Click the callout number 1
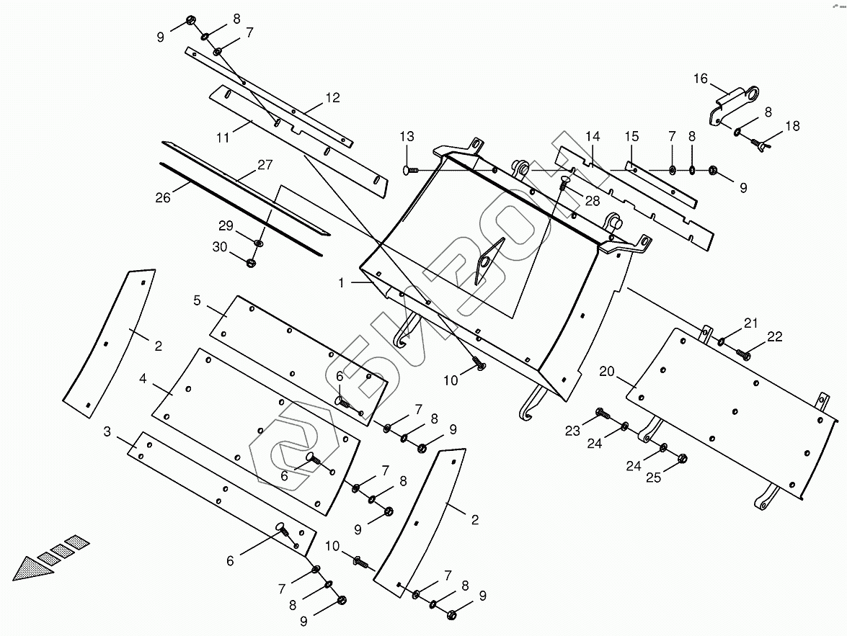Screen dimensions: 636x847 click(x=342, y=283)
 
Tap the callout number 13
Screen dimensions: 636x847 click(x=407, y=137)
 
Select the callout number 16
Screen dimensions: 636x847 click(x=701, y=79)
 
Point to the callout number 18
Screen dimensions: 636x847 click(x=792, y=126)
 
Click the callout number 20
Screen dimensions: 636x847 click(x=606, y=371)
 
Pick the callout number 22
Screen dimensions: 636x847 click(x=775, y=336)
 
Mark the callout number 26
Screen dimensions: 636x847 click(x=163, y=197)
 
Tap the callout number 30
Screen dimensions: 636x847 click(x=219, y=247)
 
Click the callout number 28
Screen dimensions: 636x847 click(x=592, y=201)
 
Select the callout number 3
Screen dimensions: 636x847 click(x=107, y=431)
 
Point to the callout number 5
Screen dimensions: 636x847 click(x=197, y=299)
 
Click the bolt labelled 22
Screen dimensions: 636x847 click(x=743, y=354)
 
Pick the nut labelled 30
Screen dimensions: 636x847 click(x=252, y=262)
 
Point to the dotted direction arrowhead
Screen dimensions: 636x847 click(x=31, y=568)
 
